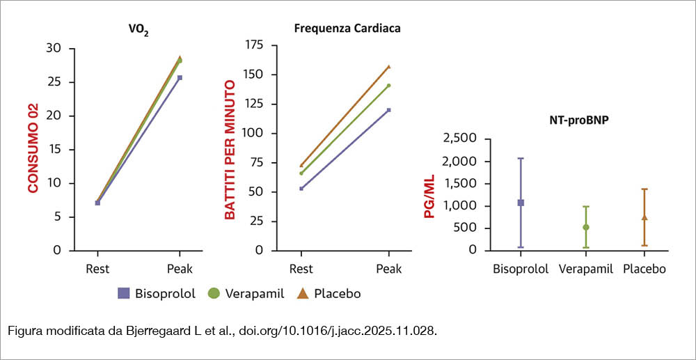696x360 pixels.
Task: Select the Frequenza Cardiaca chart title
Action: [x=347, y=29]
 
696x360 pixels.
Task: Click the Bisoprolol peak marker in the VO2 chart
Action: [x=180, y=78]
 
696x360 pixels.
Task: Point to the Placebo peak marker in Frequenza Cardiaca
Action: [x=389, y=67]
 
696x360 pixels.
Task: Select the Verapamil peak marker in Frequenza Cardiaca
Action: [x=389, y=85]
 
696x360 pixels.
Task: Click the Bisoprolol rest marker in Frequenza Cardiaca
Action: [x=301, y=188]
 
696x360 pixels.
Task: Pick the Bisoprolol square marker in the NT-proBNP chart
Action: [x=521, y=203]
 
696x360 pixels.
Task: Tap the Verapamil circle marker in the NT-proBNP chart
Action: [x=586, y=227]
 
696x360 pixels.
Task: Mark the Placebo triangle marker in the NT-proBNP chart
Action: [x=644, y=217]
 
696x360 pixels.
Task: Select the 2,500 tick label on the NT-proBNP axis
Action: [x=460, y=139]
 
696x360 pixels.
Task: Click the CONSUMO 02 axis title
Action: [x=33, y=148]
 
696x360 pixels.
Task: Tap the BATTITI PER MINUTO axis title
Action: [x=230, y=150]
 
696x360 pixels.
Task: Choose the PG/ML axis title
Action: [x=429, y=196]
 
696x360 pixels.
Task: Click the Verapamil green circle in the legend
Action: [x=214, y=293]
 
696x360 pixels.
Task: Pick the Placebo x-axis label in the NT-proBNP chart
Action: [x=644, y=269]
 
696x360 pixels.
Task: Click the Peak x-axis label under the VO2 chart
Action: [x=180, y=269]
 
